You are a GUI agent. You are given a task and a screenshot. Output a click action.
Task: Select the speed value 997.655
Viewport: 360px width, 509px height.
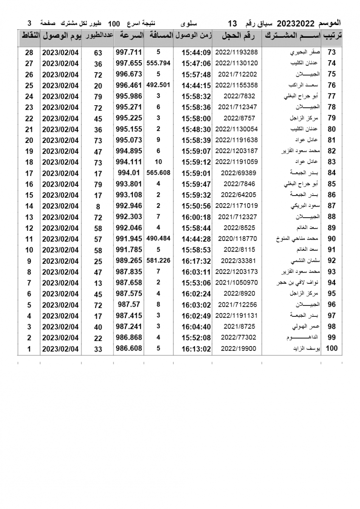(x=128, y=63)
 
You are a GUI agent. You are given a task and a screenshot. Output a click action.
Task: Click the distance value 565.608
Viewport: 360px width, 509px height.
(x=158, y=173)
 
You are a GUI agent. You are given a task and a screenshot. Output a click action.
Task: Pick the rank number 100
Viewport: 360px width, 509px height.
(x=332, y=349)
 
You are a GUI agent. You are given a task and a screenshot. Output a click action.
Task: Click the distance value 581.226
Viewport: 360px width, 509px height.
(x=158, y=260)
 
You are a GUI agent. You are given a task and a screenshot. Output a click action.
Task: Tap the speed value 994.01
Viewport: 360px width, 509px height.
(x=128, y=173)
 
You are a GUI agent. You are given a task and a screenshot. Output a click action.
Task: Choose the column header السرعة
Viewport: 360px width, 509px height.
(x=128, y=36)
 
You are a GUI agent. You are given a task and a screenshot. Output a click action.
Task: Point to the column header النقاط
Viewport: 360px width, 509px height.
(x=29, y=36)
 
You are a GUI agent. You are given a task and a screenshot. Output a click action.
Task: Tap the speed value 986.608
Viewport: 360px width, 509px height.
(x=128, y=349)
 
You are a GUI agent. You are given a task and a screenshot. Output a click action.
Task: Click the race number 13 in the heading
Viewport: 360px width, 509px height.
(x=233, y=22)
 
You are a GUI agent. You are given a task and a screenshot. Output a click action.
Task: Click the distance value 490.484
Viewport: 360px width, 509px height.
(x=158, y=238)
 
